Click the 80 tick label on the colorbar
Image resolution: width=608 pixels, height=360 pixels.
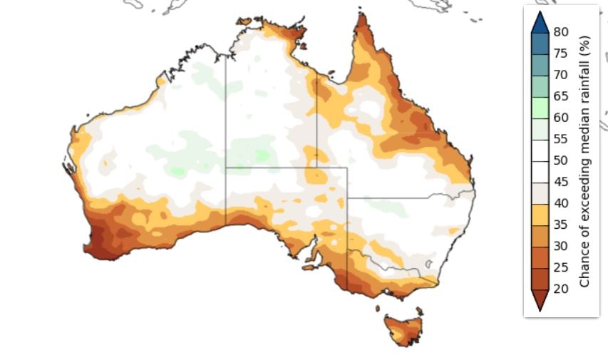pyautogui.click(x=560, y=32)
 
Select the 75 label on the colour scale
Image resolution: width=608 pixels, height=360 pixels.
pyautogui.click(x=560, y=53)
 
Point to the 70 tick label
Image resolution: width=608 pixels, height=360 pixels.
pyautogui.click(x=560, y=75)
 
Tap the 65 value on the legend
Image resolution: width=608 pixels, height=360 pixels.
pyautogui.click(x=560, y=96)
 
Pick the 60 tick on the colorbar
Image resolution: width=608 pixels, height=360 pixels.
pyautogui.click(x=560, y=118)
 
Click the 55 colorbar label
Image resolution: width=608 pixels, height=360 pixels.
pyautogui.click(x=560, y=139)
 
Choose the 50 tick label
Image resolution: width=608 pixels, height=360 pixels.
pyautogui.click(x=560, y=160)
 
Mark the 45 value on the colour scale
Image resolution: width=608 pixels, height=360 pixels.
pyautogui.click(x=560, y=182)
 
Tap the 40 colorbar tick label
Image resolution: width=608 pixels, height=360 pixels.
pyautogui.click(x=560, y=203)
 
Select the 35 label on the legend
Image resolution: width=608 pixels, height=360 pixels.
pyautogui.click(x=560, y=225)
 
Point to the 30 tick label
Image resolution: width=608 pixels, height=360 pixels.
pyautogui.click(x=560, y=246)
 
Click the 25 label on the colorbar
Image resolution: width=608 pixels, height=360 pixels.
pyautogui.click(x=560, y=267)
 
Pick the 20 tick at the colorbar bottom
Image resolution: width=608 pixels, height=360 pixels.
pyautogui.click(x=560, y=289)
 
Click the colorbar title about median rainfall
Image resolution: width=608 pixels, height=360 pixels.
pyautogui.click(x=585, y=160)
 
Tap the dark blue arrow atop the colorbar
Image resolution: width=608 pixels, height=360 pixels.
pyautogui.click(x=540, y=22)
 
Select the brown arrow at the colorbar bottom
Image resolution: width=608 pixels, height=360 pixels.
pyautogui.click(x=540, y=299)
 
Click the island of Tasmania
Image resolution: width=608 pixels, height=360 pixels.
pyautogui.click(x=404, y=329)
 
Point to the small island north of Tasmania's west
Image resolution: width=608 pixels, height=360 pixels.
pyautogui.click(x=378, y=309)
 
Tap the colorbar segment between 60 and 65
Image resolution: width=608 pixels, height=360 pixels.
pyautogui.click(x=540, y=107)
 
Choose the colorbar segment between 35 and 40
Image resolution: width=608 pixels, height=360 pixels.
pyautogui.click(x=540, y=214)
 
